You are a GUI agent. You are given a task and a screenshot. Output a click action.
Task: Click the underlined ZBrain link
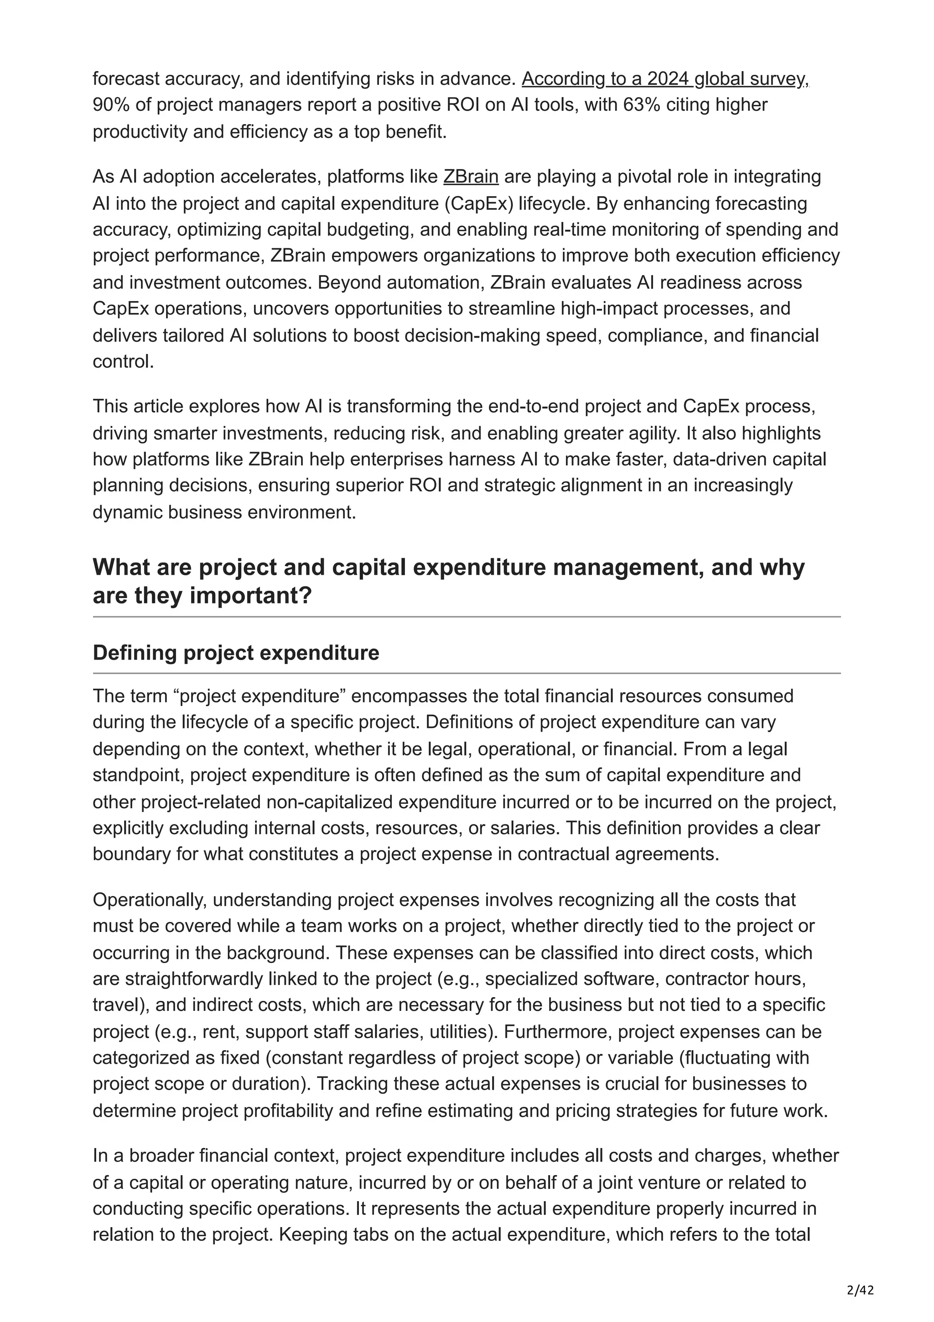coord(470,176)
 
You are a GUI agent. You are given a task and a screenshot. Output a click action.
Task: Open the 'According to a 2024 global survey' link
coord(664,79)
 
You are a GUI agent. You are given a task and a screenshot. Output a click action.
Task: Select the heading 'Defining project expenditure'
coord(236,653)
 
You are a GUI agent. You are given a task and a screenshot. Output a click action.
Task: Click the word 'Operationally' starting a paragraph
coord(147,900)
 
